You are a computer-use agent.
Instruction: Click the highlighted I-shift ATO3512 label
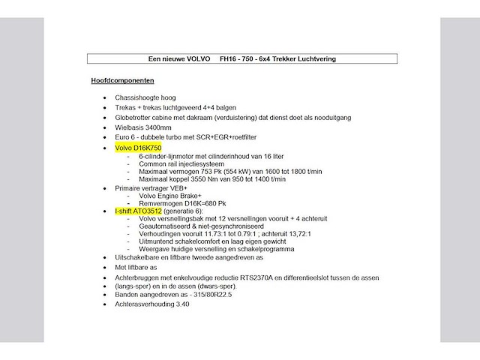[137, 212]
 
